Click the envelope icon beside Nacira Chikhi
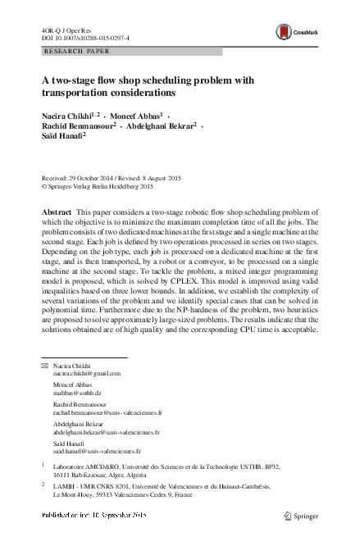click(44, 364)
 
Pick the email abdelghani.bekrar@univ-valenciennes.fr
click(107, 431)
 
